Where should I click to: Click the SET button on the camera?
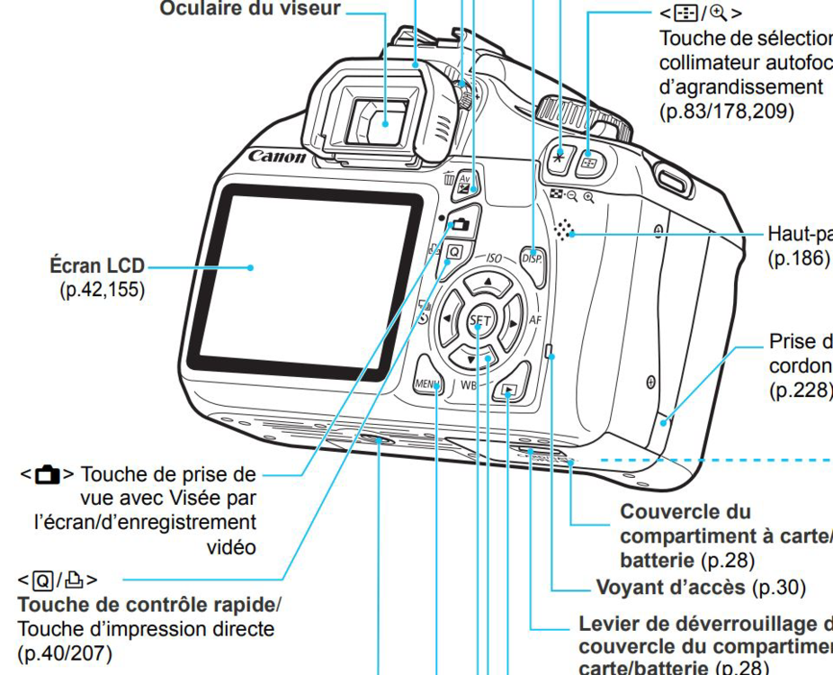479,321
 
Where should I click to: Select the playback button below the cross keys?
510,391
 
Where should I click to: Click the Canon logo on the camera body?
276,157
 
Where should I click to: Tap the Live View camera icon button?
461,223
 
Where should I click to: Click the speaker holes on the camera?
564,231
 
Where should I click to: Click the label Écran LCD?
96,267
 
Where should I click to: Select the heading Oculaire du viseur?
249,9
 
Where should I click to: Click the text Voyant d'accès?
671,588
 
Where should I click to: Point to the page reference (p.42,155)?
101,290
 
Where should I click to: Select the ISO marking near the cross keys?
494,258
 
